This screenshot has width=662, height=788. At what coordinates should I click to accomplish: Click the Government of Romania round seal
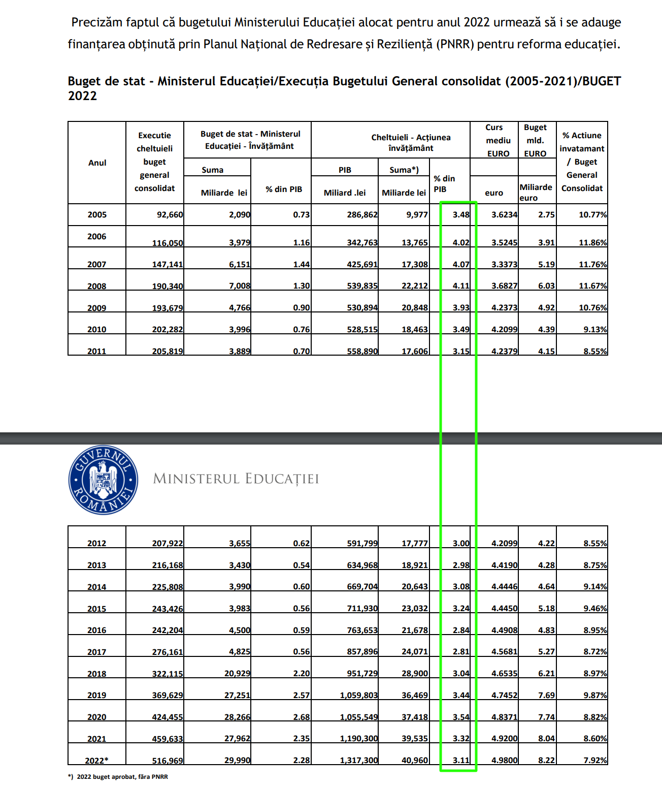[x=103, y=480]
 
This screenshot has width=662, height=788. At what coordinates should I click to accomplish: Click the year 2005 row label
[x=97, y=214]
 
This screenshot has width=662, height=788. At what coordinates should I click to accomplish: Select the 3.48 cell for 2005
[x=461, y=214]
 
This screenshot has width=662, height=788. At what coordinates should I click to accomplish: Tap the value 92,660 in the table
[x=170, y=214]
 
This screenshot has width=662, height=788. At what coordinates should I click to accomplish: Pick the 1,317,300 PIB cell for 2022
[x=358, y=760]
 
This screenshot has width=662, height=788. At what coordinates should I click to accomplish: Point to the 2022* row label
[x=96, y=760]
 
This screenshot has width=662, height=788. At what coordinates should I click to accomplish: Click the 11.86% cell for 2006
[x=592, y=242]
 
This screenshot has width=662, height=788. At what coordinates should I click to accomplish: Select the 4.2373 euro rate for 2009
[x=504, y=307]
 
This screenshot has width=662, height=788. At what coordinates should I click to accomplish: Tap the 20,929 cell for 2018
[x=237, y=673]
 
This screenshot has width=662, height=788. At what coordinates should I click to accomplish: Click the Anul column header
[x=97, y=163]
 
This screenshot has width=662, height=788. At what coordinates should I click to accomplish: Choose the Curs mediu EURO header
[x=498, y=140]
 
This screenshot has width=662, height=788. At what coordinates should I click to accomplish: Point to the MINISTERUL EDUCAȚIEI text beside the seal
[x=236, y=479]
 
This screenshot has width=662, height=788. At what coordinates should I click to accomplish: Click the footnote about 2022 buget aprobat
[x=118, y=776]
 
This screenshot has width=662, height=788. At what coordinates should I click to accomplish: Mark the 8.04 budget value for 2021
[x=546, y=738]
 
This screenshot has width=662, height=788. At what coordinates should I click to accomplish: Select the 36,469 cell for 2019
[x=414, y=695]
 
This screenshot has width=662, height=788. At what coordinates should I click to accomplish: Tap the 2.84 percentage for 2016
[x=461, y=630]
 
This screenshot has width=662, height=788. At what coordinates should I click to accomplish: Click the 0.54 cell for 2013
[x=301, y=565]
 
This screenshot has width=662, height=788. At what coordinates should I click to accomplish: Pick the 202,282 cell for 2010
[x=167, y=329]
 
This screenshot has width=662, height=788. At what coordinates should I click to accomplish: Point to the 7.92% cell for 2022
[x=595, y=760]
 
